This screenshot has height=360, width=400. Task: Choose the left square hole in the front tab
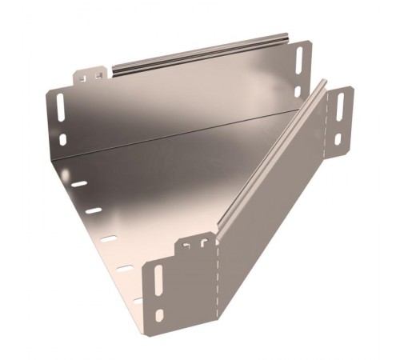(186, 246)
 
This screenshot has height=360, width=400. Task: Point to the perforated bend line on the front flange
(214, 280)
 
